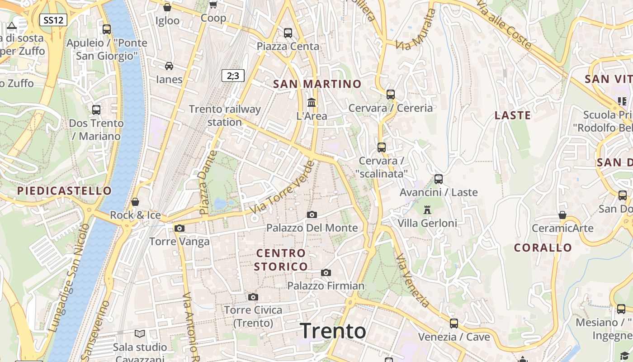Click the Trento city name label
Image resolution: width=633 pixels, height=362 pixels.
click(x=333, y=331)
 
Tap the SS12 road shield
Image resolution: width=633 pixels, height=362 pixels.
click(x=53, y=20)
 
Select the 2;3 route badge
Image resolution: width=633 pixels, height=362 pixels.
click(x=233, y=76)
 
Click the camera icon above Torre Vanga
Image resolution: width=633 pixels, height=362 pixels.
click(x=180, y=228)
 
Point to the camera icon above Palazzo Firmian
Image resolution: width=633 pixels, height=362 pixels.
click(x=326, y=272)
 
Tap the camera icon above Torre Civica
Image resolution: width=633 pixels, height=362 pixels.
click(x=253, y=297)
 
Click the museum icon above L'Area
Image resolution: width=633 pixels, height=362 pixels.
click(x=312, y=102)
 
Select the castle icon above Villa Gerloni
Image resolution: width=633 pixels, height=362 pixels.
click(x=427, y=210)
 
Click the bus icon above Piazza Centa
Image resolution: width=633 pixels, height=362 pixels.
click(x=288, y=33)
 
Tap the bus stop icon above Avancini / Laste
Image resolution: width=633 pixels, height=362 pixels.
click(x=438, y=179)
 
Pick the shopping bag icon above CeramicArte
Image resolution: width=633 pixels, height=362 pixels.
click(x=562, y=215)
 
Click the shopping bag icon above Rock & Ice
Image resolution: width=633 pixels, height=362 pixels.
click(x=135, y=202)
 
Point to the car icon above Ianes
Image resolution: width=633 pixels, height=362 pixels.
click(x=169, y=66)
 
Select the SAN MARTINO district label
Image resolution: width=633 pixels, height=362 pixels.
click(x=317, y=84)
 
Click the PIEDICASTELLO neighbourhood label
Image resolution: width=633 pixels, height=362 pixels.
click(x=64, y=191)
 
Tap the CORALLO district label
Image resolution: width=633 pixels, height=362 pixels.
click(x=543, y=248)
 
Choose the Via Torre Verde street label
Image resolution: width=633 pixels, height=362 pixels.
click(x=282, y=188)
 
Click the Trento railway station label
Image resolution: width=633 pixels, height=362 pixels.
click(x=225, y=115)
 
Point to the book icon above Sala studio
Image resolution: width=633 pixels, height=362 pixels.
click(x=140, y=333)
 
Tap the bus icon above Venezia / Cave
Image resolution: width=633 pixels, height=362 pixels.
click(x=453, y=324)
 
